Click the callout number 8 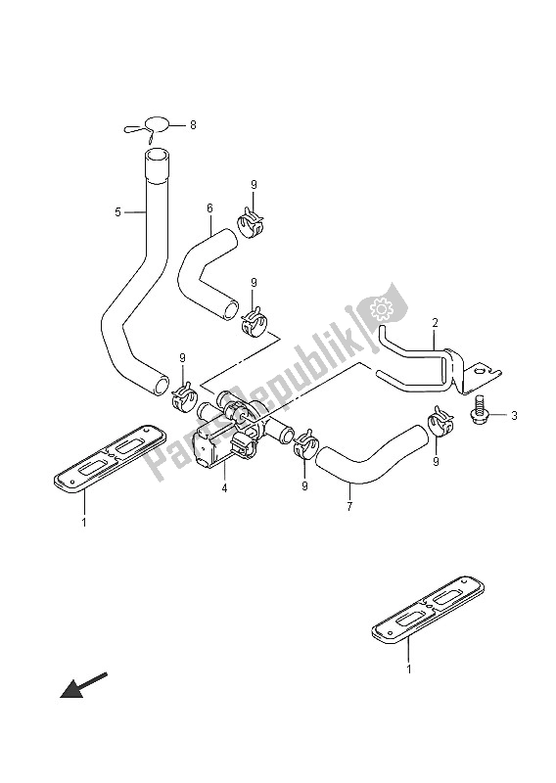[193, 125]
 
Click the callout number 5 [117, 212]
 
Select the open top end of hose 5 [158, 157]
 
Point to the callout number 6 [209, 207]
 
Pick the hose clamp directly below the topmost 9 [249, 223]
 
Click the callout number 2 [435, 323]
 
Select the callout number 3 [514, 415]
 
